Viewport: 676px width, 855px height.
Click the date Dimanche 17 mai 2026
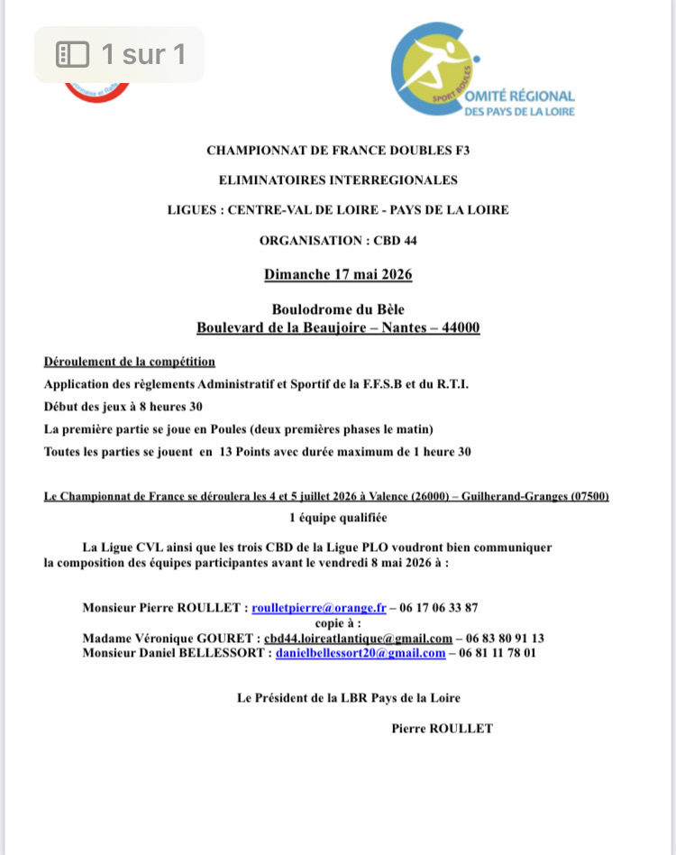tap(338, 274)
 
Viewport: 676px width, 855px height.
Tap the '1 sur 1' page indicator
tap(121, 54)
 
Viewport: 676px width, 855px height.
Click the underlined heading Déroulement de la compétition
tap(130, 363)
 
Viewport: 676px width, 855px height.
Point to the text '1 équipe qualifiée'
tap(338, 518)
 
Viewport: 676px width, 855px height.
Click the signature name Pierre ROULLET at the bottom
tap(443, 728)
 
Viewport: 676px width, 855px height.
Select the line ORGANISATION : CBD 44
tap(338, 241)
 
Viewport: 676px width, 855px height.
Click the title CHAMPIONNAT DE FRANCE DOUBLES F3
tap(338, 150)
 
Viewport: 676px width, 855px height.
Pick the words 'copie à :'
tap(338, 623)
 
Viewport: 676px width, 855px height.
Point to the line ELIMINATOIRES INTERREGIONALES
tap(338, 179)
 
